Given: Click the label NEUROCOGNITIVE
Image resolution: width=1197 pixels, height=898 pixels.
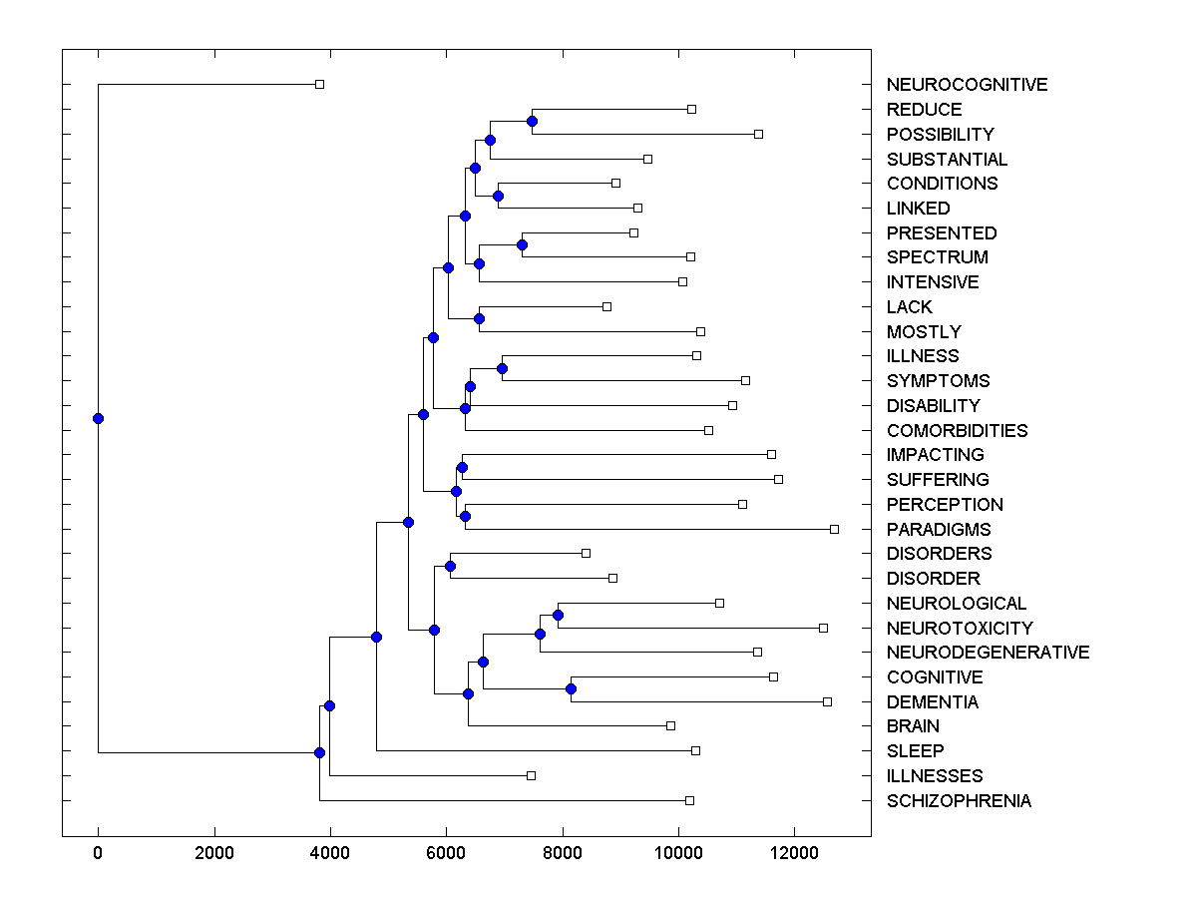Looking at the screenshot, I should pyautogui.click(x=967, y=85).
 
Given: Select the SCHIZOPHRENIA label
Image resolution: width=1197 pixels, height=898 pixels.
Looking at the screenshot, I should pyautogui.click(x=959, y=801).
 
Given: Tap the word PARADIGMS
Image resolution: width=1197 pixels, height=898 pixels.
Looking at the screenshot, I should pyautogui.click(x=939, y=529).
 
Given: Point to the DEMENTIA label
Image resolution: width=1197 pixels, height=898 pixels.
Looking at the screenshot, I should pyautogui.click(x=933, y=702).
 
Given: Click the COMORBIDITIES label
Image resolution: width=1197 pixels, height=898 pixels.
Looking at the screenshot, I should pyautogui.click(x=957, y=431).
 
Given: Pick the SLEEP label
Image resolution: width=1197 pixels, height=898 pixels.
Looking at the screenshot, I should pyautogui.click(x=915, y=751).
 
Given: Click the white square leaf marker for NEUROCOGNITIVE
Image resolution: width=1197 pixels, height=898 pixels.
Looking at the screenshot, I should pyautogui.click(x=319, y=84).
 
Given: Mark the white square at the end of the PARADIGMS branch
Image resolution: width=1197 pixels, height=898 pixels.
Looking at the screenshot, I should pyautogui.click(x=834, y=529).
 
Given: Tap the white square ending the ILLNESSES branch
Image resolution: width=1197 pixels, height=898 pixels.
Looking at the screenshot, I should pyautogui.click(x=531, y=775).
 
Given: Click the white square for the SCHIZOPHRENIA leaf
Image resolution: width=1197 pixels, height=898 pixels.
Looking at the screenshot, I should pyautogui.click(x=689, y=800).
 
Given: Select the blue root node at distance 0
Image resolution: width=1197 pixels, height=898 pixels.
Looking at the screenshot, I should pyautogui.click(x=98, y=418).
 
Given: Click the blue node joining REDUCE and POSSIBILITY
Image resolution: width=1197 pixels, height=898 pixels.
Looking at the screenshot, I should pyautogui.click(x=532, y=121).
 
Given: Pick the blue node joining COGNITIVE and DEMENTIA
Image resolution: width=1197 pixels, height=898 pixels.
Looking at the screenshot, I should pyautogui.click(x=571, y=688).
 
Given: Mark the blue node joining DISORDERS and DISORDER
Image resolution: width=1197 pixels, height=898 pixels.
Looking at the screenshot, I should pyautogui.click(x=450, y=566).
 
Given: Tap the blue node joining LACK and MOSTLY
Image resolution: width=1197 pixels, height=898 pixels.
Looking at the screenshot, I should pyautogui.click(x=479, y=318).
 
